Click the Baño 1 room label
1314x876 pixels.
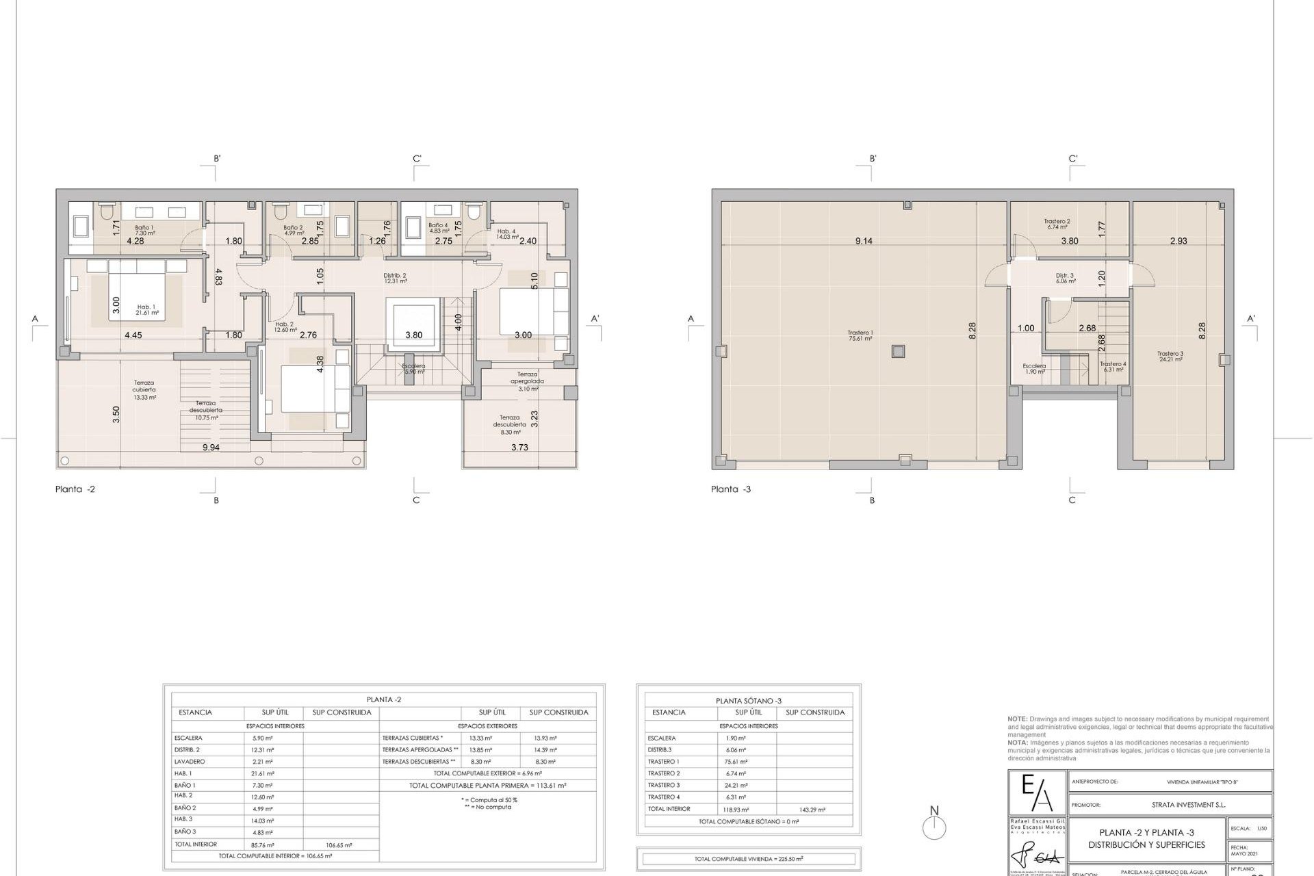(144, 230)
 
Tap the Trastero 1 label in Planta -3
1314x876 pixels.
(860, 335)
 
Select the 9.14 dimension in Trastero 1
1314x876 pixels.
(864, 241)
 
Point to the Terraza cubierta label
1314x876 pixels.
(144, 390)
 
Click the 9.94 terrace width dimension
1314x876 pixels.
(211, 448)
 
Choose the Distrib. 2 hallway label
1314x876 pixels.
(395, 278)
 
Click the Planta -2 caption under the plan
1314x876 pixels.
(75, 489)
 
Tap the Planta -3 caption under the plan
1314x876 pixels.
(731, 489)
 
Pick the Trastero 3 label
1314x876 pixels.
(1170, 356)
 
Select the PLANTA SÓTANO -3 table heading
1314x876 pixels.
(748, 701)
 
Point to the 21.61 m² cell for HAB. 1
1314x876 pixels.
(263, 773)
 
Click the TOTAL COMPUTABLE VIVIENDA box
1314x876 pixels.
(748, 859)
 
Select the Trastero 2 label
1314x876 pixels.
(1057, 224)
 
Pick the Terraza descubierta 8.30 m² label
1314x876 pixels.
(509, 424)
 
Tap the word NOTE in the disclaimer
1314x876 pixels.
(1016, 719)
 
